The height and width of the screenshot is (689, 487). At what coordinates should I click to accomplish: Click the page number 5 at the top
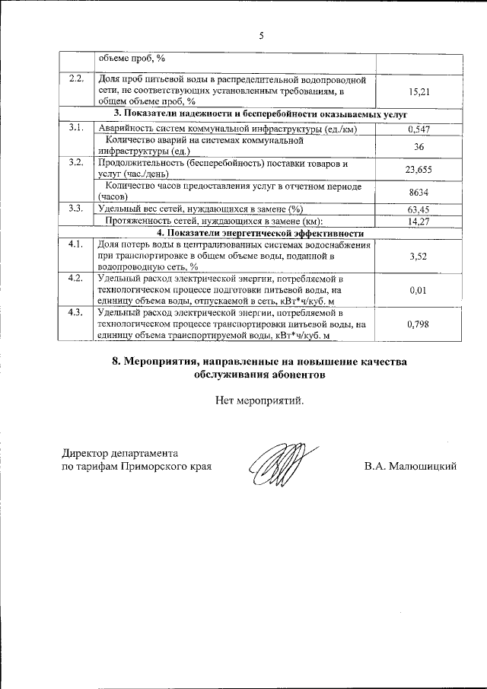pyautogui.click(x=261, y=36)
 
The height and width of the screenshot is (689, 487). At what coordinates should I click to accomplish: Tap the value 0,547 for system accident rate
pyautogui.click(x=419, y=129)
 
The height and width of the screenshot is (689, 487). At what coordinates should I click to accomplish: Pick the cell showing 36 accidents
pyautogui.click(x=419, y=145)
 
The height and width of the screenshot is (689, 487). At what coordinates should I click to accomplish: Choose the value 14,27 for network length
pyautogui.click(x=419, y=222)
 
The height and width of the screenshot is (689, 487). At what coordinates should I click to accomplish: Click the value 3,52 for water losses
pyautogui.click(x=419, y=257)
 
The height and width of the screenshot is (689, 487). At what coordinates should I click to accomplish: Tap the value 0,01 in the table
pyautogui.click(x=419, y=290)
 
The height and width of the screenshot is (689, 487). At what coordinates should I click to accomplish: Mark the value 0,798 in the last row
pyautogui.click(x=419, y=324)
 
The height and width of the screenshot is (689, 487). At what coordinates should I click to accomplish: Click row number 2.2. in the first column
pyautogui.click(x=75, y=80)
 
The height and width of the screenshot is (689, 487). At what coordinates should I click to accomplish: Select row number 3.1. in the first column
pyautogui.click(x=75, y=127)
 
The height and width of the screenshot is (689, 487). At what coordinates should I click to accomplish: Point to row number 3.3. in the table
pyautogui.click(x=75, y=209)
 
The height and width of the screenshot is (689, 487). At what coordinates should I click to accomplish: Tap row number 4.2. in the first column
pyautogui.click(x=75, y=278)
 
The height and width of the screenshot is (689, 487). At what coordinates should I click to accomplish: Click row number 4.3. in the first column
pyautogui.click(x=75, y=313)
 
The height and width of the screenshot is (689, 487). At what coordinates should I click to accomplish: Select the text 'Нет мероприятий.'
pyautogui.click(x=259, y=401)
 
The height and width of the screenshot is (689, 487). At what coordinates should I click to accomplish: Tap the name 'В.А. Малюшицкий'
pyautogui.click(x=410, y=466)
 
